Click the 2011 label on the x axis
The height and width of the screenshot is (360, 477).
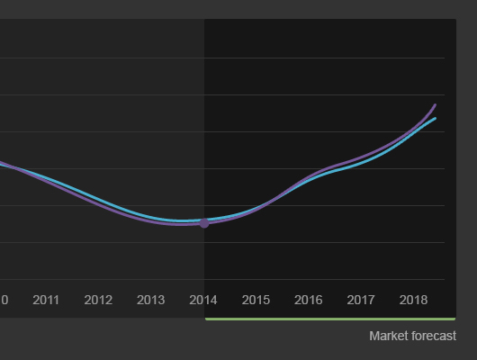pos(46,300)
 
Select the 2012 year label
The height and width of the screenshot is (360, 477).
pos(98,300)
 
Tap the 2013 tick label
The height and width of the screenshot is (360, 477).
pos(151,300)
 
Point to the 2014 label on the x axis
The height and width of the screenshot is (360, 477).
pos(203,300)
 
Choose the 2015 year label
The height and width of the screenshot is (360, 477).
pos(256,300)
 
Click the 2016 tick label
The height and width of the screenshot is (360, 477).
pos(308,300)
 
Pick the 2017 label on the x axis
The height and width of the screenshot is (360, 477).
pos(361,300)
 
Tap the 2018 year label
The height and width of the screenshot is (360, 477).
pos(413,300)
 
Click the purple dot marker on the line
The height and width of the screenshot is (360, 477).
pos(204,223)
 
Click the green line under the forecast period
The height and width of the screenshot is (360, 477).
pos(330,319)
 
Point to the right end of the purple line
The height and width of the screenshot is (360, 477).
pos(436,105)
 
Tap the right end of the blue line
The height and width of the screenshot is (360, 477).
pos(436,119)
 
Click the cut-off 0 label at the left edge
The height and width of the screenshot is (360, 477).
pos(4,300)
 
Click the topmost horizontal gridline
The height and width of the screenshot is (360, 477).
pos(222,58)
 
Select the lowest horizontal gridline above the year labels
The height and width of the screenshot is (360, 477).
pos(222,279)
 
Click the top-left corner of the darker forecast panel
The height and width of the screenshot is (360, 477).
pos(204,19)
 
